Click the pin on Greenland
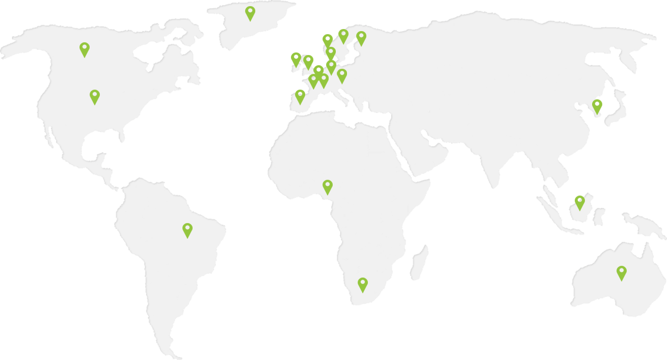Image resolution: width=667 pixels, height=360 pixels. (250, 12)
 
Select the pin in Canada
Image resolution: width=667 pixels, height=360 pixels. (85, 48)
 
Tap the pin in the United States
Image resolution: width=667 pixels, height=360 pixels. (95, 96)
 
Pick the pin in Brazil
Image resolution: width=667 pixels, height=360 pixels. (188, 229)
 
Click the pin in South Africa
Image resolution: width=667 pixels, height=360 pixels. (362, 284)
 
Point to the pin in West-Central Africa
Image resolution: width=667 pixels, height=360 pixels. (328, 186)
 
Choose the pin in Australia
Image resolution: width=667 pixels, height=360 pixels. (621, 272)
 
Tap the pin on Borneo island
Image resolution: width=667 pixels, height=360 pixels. (579, 202)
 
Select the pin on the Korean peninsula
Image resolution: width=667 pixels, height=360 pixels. (597, 105)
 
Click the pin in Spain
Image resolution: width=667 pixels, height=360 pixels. (300, 96)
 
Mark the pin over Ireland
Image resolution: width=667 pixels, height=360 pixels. (296, 59)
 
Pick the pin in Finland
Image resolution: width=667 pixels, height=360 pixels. (361, 37)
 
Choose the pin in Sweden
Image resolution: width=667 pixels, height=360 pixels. (343, 35)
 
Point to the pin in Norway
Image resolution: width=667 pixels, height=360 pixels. (328, 40)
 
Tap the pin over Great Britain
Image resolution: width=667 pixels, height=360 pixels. (308, 61)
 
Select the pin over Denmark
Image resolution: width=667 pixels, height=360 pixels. (331, 52)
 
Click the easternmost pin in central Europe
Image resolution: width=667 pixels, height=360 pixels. (342, 75)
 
